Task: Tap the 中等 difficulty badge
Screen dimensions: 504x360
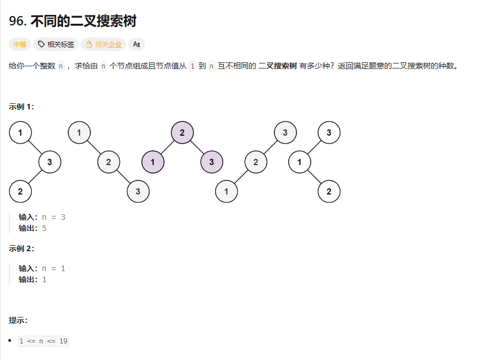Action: click(20, 44)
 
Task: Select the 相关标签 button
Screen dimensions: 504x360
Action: click(56, 44)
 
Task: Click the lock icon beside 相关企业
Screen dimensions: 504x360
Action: click(89, 44)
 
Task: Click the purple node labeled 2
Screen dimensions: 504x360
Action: click(182, 133)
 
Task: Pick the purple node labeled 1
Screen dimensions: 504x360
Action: click(153, 162)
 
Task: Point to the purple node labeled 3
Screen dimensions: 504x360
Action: click(212, 162)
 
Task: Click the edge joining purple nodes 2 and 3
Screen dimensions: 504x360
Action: click(197, 147)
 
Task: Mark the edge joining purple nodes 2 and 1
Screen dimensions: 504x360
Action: click(167, 147)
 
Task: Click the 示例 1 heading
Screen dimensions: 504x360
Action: click(22, 107)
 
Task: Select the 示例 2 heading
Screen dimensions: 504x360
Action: click(22, 248)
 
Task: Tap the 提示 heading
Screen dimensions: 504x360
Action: click(18, 320)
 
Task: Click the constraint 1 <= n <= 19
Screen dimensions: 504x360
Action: click(43, 341)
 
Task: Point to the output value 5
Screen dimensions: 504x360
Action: click(44, 228)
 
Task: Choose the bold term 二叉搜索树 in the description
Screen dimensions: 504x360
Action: click(277, 66)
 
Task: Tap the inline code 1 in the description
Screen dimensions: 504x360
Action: click(192, 66)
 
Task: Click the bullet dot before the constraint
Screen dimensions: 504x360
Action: click(11, 341)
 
